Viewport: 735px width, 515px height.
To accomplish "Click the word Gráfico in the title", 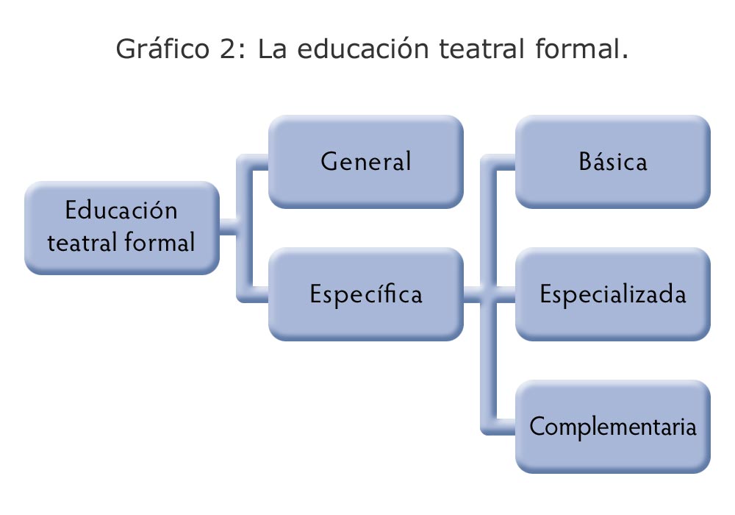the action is click(x=162, y=49).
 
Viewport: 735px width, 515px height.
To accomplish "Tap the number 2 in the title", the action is click(x=229, y=49).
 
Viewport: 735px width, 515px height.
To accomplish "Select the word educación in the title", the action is click(x=363, y=49).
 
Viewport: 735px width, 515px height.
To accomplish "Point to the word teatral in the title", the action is click(x=481, y=49).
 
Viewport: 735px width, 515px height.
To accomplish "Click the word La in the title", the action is click(x=272, y=49).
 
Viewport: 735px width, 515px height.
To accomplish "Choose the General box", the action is click(x=365, y=161).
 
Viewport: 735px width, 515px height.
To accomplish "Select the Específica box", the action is click(x=365, y=294).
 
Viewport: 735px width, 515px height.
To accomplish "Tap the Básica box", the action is click(x=613, y=161).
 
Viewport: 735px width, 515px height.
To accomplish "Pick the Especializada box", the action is click(x=613, y=294).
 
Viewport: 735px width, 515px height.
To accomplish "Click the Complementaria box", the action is click(x=613, y=427).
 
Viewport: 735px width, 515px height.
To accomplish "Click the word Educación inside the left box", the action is click(x=121, y=210).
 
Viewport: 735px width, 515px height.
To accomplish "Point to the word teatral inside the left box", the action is click(x=82, y=243).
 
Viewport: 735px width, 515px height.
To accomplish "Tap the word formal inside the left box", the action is click(x=159, y=242).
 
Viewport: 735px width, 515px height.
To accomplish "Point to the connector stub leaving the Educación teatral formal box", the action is click(x=229, y=227).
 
